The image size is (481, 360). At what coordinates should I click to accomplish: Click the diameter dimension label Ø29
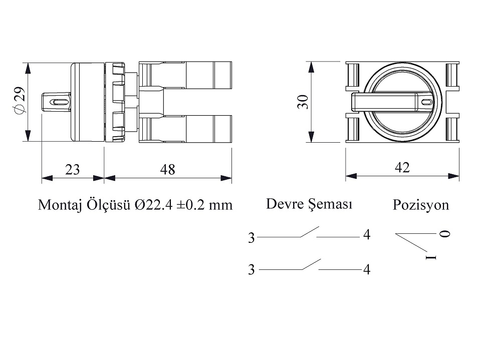click(x=19, y=101)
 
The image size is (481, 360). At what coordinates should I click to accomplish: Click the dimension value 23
click(x=72, y=170)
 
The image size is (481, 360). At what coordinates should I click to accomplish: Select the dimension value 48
click(x=167, y=170)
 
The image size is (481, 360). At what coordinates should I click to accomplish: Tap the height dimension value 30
click(x=303, y=102)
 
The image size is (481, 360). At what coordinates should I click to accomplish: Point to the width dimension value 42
click(x=402, y=167)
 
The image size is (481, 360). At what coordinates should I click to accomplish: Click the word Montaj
click(x=60, y=205)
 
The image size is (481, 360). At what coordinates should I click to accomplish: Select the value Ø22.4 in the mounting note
click(x=154, y=205)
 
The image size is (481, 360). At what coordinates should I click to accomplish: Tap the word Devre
click(x=285, y=204)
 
